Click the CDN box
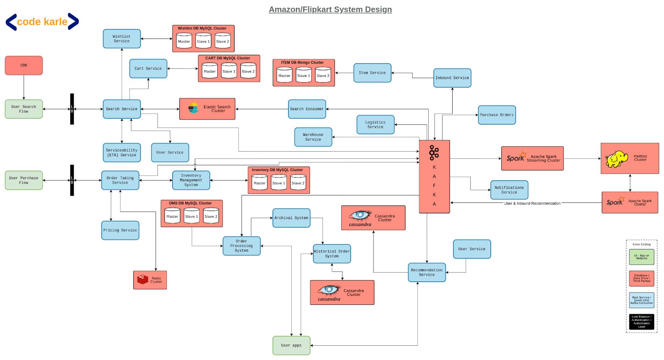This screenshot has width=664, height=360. point(24,65)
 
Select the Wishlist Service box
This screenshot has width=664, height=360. point(122,39)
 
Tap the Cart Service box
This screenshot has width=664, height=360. point(148,68)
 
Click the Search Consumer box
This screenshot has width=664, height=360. point(307,109)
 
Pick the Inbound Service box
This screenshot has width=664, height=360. point(452,78)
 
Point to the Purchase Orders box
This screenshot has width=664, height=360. point(496,115)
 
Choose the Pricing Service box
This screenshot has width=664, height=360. point(120,230)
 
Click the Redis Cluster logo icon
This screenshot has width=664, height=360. point(142,279)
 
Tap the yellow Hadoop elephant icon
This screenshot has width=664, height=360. point(616,159)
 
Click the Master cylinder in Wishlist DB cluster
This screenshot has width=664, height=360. point(184,41)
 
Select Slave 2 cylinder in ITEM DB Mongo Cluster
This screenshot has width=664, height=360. point(323,75)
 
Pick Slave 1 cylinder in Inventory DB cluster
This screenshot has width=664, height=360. point(279,182)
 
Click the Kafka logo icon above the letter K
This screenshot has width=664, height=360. point(434,153)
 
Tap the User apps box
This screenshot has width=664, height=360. point(291,345)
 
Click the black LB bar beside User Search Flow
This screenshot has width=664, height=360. point(72,109)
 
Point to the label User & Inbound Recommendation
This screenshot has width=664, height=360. point(532,203)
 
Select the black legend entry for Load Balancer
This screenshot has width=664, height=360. point(641,322)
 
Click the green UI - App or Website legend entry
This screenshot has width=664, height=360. point(641,257)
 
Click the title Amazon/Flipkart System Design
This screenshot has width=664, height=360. point(330,9)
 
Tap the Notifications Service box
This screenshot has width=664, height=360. point(509,190)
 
